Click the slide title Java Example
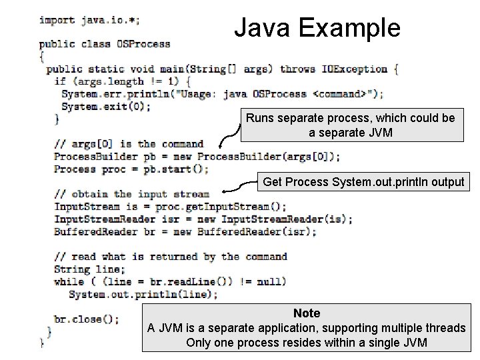317,28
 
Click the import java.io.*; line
98,19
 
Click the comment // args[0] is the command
129,143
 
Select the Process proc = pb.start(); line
131,169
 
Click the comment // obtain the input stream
131,194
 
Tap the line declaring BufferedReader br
185,232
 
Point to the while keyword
69,281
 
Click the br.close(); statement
87,319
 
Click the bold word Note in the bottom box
307,313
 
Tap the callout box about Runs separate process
351,125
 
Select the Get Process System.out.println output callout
363,181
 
